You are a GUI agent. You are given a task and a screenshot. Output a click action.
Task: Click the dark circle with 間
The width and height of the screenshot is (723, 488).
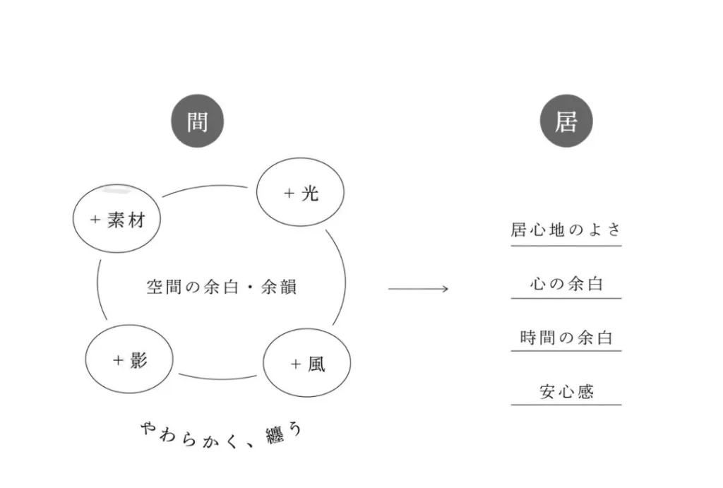[x=197, y=121]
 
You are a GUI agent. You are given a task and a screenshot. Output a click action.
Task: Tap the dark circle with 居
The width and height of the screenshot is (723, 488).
[x=566, y=121]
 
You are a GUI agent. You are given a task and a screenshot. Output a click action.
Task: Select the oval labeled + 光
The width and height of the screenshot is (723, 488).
[x=300, y=193]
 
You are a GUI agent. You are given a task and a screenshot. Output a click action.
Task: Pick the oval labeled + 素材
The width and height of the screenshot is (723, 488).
[x=117, y=219]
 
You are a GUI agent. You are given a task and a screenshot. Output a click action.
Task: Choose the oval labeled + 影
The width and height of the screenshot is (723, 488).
[x=129, y=359]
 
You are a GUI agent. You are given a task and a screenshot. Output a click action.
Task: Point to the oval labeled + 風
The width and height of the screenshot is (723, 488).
[x=306, y=364]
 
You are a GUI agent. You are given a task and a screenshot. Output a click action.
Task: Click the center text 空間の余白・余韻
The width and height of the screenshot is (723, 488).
[x=221, y=287]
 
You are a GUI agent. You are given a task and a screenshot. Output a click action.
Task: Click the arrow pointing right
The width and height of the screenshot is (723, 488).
[x=418, y=289]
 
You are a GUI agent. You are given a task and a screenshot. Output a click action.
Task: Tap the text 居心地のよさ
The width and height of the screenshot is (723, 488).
[x=566, y=230]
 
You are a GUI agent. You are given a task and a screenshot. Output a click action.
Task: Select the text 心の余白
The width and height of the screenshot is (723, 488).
[x=566, y=284]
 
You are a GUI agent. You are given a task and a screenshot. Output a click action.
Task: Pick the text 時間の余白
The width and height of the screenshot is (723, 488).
[x=566, y=338]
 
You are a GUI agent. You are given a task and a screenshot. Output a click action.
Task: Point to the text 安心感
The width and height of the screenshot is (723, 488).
[x=566, y=391]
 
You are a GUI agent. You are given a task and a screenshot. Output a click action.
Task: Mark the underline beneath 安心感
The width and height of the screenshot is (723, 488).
[x=566, y=405]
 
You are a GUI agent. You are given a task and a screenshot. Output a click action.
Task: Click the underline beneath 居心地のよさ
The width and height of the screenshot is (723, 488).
[x=566, y=246]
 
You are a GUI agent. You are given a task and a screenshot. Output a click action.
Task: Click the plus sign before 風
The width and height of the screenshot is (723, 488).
[x=295, y=364]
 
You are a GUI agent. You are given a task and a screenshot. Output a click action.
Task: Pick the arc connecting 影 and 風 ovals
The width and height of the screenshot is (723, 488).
[x=219, y=377]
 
